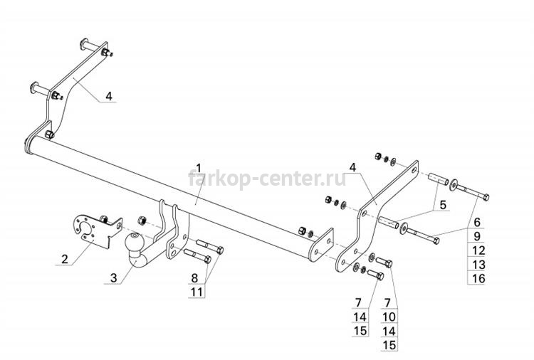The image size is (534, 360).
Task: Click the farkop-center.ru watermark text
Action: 267,179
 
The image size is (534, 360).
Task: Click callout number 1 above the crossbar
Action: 199,168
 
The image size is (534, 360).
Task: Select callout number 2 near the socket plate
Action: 65,258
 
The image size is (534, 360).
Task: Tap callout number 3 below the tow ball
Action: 113,277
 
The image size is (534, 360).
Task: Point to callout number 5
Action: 443,205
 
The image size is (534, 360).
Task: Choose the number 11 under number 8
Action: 197,292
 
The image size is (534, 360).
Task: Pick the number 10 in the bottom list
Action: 389,317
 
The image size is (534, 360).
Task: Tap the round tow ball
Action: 135,242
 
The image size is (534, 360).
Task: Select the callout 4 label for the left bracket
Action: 109,96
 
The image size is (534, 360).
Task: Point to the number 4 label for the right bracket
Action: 352,167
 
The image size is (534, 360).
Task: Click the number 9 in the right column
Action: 477,235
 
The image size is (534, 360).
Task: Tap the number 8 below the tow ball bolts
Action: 194,278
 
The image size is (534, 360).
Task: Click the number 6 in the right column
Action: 477,222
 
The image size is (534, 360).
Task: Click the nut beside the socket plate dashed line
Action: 142,221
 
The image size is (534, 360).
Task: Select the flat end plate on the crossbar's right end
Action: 320,245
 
